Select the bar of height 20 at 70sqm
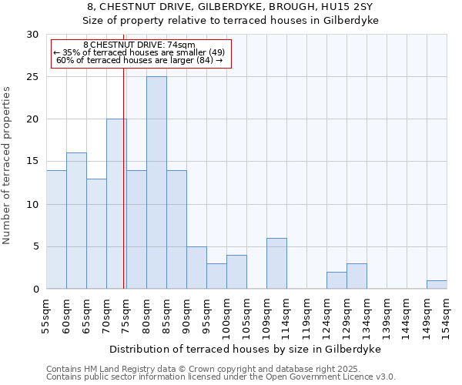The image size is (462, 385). pos(116,204)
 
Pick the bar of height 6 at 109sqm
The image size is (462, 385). pos(276,263)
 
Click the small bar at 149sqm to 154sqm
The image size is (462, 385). pos(437,285)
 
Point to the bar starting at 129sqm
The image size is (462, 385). pos(357,276)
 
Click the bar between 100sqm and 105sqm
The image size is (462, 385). pos(236,272)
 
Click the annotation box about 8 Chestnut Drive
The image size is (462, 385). pos(140,53)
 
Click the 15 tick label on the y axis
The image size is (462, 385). pos(32,162)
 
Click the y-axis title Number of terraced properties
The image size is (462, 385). pos(8,165)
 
